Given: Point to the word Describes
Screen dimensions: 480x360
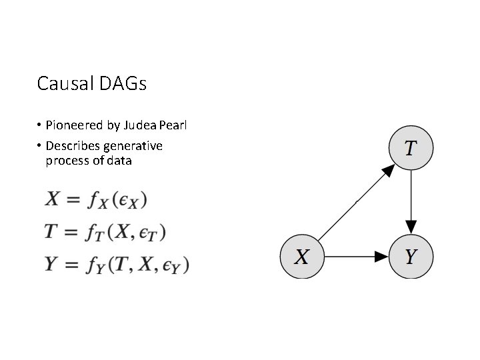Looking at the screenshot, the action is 73,146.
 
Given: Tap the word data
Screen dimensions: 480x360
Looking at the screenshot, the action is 118,161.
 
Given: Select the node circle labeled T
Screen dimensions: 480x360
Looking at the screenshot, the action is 411,147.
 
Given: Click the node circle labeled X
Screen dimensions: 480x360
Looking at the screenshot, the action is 302,256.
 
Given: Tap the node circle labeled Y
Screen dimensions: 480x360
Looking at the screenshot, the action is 411,256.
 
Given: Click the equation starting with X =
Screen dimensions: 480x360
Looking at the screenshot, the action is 95,199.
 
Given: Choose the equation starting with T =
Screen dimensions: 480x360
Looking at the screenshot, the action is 105,231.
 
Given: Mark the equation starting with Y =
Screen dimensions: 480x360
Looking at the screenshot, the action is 117,264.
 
